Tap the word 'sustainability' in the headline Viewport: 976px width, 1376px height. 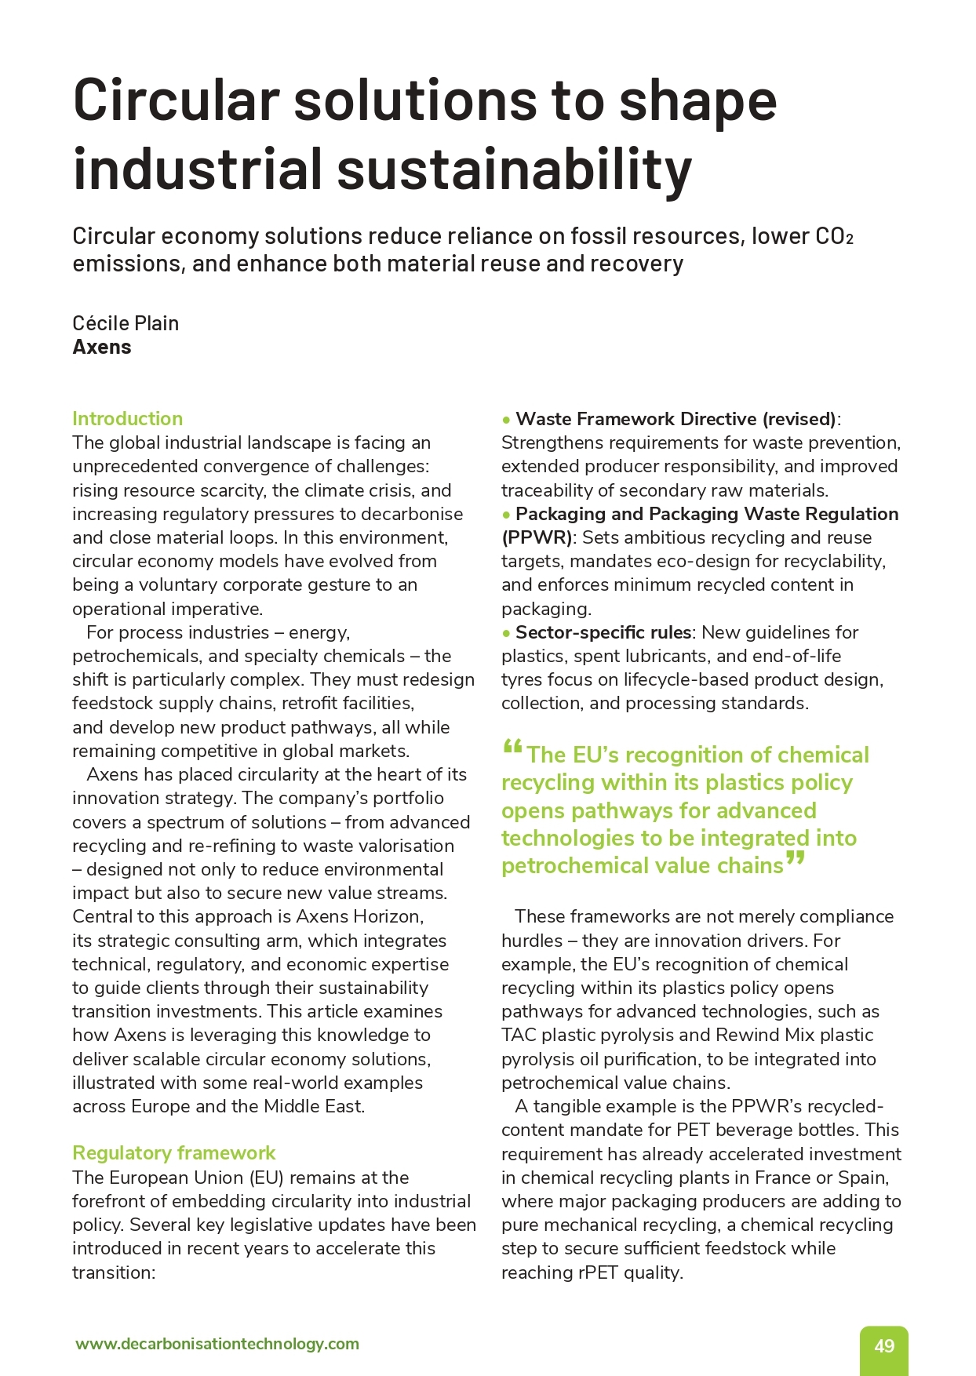tap(515, 169)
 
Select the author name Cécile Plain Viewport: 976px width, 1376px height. tap(126, 323)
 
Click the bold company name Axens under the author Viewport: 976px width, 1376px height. tap(102, 348)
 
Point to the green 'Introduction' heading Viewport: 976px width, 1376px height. tap(127, 419)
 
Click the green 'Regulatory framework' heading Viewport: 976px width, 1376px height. tap(173, 1153)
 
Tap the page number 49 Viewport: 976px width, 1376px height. tap(884, 1346)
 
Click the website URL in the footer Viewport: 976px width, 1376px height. tap(217, 1344)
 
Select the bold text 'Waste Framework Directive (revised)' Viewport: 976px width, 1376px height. tap(676, 419)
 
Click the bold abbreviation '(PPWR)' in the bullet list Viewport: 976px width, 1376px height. tap(537, 538)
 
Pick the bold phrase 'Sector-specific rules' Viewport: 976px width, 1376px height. tap(603, 633)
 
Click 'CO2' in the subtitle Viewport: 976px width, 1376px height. tap(833, 236)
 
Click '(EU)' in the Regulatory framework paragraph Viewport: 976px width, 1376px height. tap(270, 1178)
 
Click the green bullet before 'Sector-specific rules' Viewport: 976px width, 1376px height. tap(507, 633)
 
